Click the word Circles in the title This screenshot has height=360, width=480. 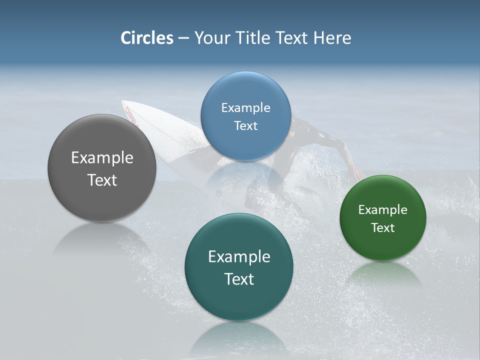(146, 38)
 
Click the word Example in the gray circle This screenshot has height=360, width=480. (102, 158)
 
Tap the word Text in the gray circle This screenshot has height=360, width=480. (102, 180)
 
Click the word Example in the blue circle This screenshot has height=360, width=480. (245, 108)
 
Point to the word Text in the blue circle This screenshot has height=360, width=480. (245, 126)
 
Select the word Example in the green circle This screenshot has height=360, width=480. (382, 210)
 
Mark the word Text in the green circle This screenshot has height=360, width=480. (382, 228)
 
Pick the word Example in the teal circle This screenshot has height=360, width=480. (238, 257)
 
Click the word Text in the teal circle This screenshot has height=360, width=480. (238, 279)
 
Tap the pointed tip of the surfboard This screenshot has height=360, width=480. (124, 103)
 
